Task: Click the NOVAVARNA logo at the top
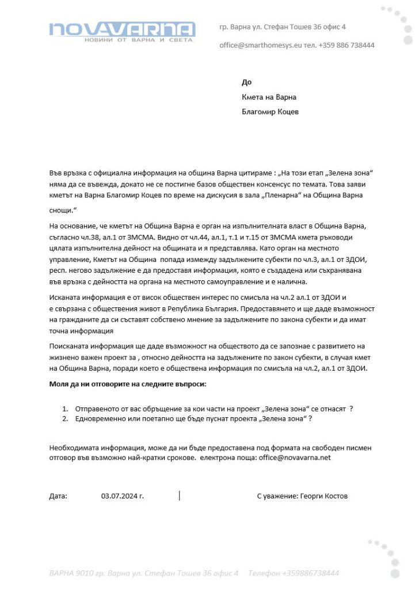coord(121,29)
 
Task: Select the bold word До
coord(246,82)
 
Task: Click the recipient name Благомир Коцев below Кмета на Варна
coord(270,112)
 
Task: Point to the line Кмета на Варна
coord(269,97)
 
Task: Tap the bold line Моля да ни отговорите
coord(127,383)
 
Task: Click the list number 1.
coord(65,409)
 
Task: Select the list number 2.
coord(65,419)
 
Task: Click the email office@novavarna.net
coord(295,458)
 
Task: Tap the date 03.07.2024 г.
coord(122,496)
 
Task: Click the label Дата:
coord(58,496)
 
